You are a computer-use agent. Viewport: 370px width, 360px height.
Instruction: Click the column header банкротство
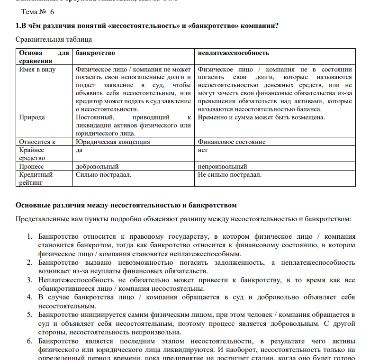[x=95, y=53]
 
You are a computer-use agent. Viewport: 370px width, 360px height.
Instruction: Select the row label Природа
[x=32, y=117]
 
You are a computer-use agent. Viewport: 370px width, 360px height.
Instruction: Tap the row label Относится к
[x=37, y=142]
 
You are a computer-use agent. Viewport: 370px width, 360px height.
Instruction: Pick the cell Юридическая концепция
[x=113, y=142]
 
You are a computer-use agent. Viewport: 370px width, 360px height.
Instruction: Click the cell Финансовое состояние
[x=232, y=142]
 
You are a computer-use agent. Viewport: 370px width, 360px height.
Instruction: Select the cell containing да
[x=80, y=150]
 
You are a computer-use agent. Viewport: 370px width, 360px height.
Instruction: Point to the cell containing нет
[x=203, y=150]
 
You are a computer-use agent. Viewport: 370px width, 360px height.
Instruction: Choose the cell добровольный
[x=97, y=167]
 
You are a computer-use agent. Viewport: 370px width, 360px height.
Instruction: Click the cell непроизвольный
[x=222, y=167]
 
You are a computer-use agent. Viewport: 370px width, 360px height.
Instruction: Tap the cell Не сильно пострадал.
[x=229, y=175]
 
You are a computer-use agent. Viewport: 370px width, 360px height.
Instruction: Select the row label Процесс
[x=31, y=167]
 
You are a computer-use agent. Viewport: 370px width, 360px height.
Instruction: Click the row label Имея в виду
[x=37, y=70]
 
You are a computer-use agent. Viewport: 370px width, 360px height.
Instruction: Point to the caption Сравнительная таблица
[x=54, y=39]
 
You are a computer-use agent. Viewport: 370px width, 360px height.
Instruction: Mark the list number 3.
[x=29, y=280]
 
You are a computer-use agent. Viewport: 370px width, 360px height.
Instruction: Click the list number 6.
[x=29, y=341]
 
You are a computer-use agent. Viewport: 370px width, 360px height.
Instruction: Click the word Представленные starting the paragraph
[x=43, y=219]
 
